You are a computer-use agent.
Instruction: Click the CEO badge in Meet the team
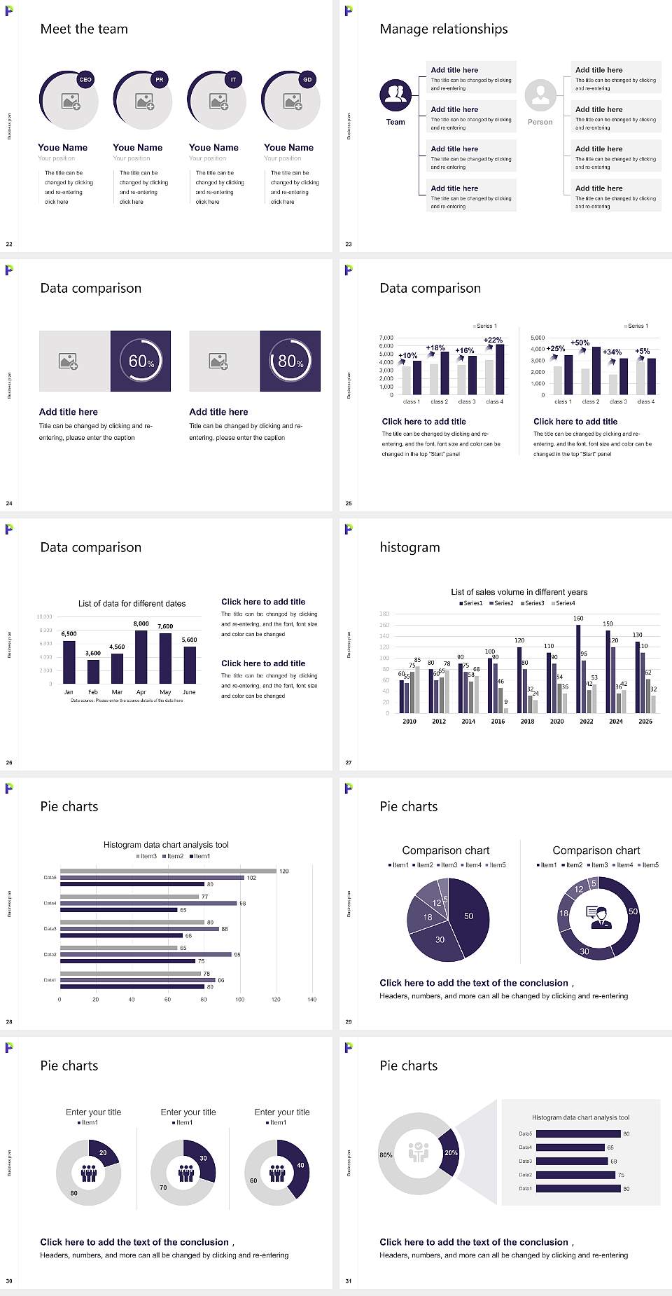point(85,80)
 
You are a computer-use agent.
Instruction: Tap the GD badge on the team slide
point(307,80)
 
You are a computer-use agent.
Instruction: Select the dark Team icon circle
point(395,95)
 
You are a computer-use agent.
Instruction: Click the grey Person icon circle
point(540,95)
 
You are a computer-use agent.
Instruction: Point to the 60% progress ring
point(141,361)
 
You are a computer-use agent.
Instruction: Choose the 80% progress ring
point(290,361)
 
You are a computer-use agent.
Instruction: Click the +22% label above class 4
point(493,340)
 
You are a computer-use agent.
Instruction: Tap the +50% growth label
point(580,343)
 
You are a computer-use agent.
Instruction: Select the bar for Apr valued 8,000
point(141,656)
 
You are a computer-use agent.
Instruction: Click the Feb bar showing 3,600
point(93,671)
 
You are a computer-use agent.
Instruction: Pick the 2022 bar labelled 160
point(578,668)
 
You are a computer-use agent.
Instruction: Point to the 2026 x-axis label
point(645,721)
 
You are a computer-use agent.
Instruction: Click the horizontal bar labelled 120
point(168,871)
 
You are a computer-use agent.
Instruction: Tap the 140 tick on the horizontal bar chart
point(312,1000)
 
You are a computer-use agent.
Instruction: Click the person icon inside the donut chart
point(598,917)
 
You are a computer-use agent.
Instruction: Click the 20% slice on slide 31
point(449,1152)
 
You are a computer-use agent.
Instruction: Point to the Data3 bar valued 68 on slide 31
point(572,1161)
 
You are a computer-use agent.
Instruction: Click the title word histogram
point(409,547)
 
